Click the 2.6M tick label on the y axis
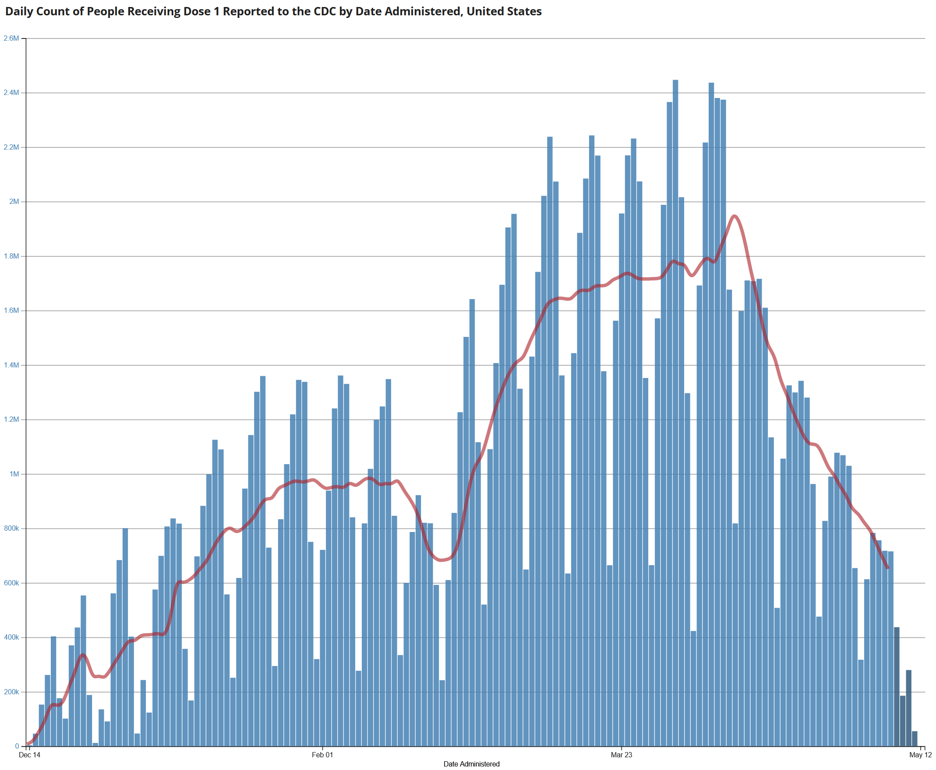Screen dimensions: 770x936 coord(11,38)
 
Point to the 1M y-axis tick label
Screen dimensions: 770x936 coord(14,474)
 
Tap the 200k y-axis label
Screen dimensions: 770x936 coord(11,692)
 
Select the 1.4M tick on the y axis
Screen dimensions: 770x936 coord(11,365)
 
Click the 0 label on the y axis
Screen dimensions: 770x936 coord(18,746)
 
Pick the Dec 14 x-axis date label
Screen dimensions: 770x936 coord(29,755)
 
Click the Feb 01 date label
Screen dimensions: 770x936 coord(322,755)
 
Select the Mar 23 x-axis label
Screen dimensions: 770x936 coord(621,755)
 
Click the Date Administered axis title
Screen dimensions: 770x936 coord(472,764)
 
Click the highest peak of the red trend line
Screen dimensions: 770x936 coord(734,216)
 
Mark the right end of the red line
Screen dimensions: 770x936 coord(888,568)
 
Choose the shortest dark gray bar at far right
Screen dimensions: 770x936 coord(915,739)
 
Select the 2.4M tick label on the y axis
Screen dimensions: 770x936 coord(11,93)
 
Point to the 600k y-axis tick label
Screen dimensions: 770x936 coord(11,583)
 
